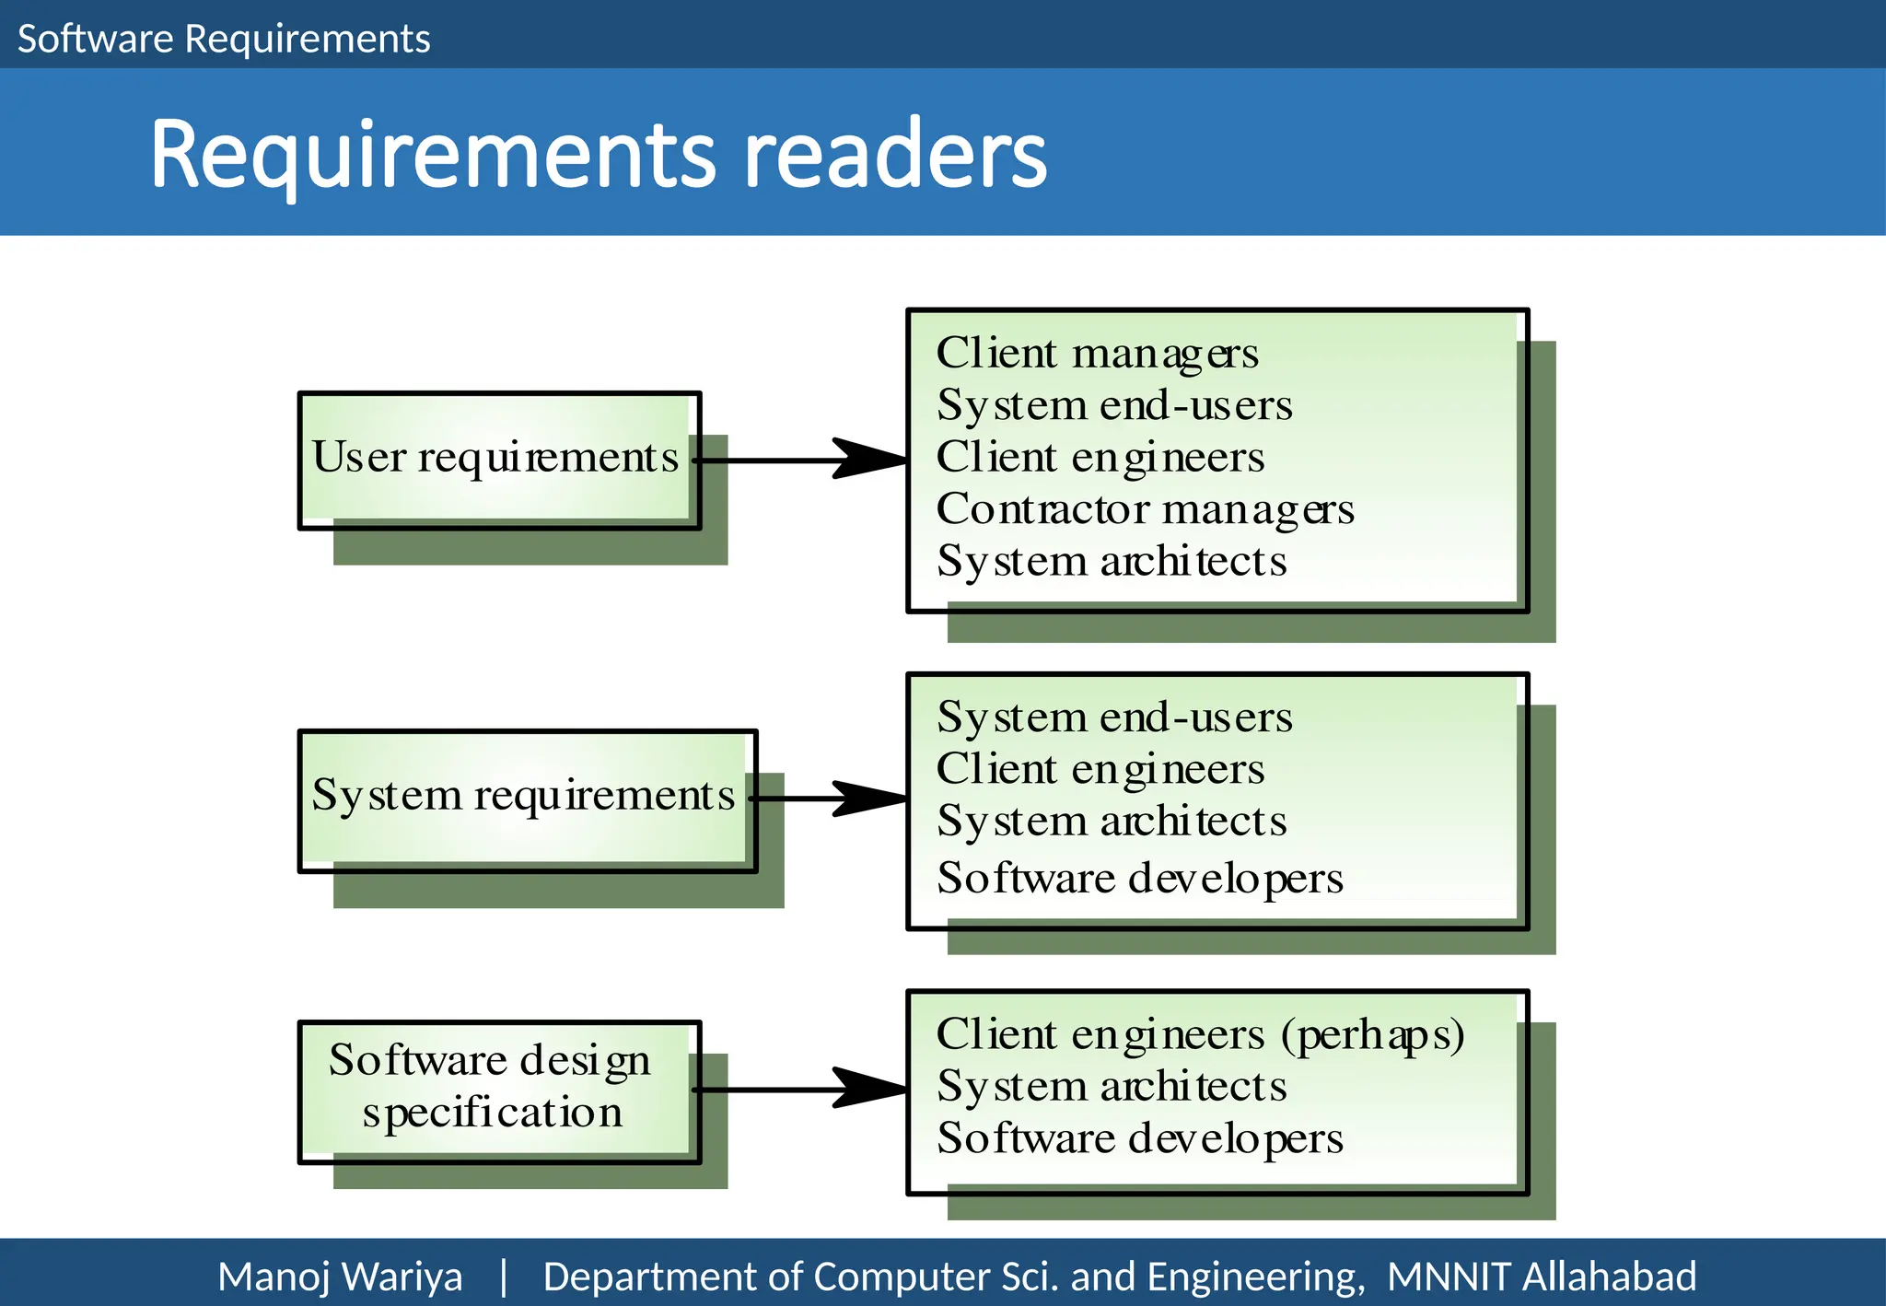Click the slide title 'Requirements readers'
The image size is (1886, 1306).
(x=599, y=155)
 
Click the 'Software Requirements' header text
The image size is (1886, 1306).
(x=224, y=39)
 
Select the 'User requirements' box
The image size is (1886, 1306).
(x=497, y=459)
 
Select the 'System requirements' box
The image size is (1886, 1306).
(x=525, y=797)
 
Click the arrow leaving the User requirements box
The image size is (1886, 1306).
(x=801, y=460)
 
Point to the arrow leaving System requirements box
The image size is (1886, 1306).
(x=829, y=799)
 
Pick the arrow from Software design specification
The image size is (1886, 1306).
(x=801, y=1090)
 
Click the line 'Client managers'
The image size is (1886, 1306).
(x=1097, y=354)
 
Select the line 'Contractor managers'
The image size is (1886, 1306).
(x=1145, y=509)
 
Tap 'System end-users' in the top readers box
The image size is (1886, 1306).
(x=1114, y=406)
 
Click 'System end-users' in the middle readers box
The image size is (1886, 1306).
(x=1114, y=717)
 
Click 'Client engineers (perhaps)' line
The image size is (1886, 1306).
(x=1200, y=1035)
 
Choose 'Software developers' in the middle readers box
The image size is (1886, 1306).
(x=1139, y=879)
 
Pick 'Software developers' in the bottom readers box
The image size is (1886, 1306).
(x=1139, y=1139)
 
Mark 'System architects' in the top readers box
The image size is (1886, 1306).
(x=1112, y=562)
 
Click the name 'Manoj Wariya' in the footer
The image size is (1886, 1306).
(x=340, y=1277)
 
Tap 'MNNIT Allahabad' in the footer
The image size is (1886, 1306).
(x=1542, y=1277)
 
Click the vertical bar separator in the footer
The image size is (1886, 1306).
(x=503, y=1277)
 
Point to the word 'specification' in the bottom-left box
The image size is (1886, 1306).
(x=493, y=1114)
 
